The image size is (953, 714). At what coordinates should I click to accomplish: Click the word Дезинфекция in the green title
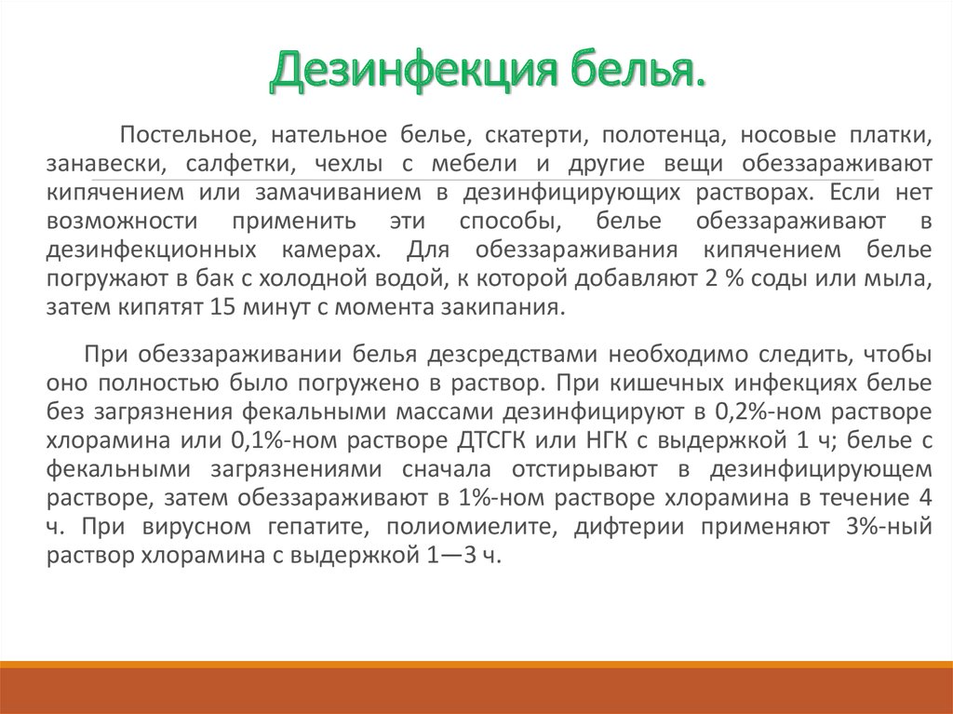click(x=413, y=69)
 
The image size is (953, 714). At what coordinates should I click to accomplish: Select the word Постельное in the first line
click(x=186, y=134)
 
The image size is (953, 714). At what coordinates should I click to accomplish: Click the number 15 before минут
click(x=222, y=307)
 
